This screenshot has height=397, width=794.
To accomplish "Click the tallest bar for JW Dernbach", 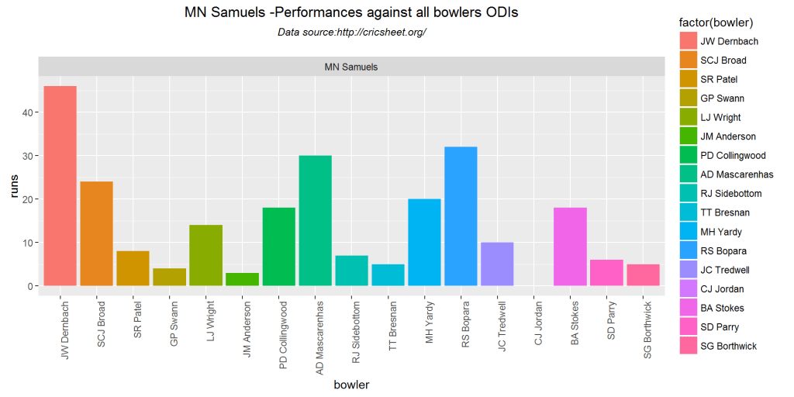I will point(60,186).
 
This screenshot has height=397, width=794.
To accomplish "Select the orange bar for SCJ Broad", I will point(96,233).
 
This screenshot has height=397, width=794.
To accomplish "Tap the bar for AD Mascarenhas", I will point(315,221).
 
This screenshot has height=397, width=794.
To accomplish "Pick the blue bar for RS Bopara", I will point(461,216).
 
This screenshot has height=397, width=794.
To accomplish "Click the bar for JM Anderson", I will point(242,279).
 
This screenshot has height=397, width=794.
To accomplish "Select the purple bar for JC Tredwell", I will point(497,264).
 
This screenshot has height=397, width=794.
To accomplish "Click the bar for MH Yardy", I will point(424,243).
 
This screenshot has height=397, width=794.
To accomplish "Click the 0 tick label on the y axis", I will point(32,286).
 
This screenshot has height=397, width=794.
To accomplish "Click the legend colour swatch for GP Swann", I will point(688,98).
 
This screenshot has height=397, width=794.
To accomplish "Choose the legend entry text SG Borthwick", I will point(729,346).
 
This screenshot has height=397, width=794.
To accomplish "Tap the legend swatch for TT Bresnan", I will point(688,212).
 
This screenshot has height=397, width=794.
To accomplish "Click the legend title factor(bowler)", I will point(715,23).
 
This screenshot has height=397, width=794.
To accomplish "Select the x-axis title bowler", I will point(351,385).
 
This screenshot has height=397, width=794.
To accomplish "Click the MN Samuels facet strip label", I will point(351,67).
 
